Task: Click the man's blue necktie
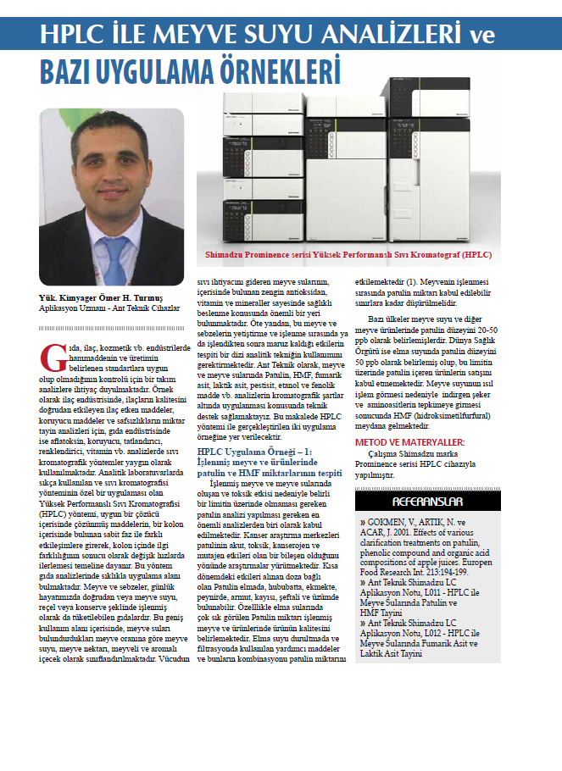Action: [x=114, y=254]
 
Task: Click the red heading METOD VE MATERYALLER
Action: [x=409, y=442]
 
